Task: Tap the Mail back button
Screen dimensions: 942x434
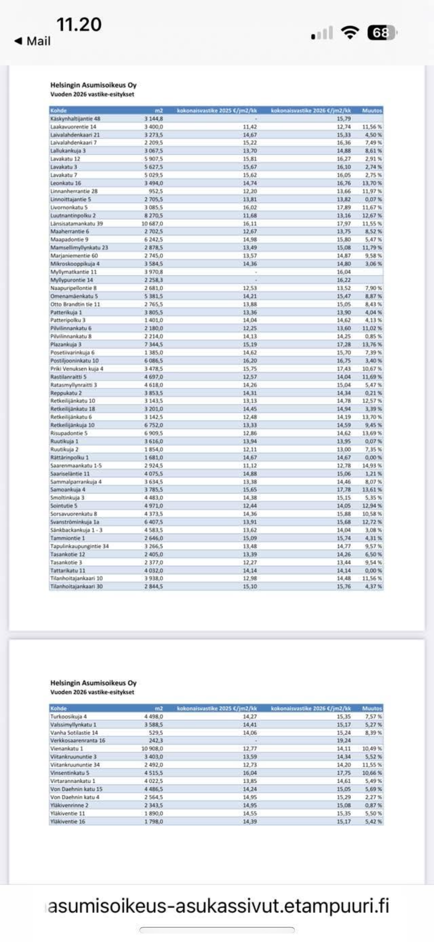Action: [x=32, y=41]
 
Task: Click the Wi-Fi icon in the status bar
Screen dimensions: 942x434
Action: [x=350, y=33]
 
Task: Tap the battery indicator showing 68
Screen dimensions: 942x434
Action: [x=382, y=33]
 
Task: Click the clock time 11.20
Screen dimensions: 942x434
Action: [x=79, y=25]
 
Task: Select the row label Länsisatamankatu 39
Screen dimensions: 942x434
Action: [x=77, y=223]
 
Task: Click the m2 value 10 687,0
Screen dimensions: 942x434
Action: [x=152, y=223]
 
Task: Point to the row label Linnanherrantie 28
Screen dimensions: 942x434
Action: [x=74, y=191]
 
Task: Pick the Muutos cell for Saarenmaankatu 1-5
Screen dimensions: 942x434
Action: [x=372, y=465]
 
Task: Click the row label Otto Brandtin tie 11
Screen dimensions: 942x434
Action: [x=75, y=304]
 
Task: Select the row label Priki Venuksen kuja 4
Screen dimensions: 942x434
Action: [x=77, y=369]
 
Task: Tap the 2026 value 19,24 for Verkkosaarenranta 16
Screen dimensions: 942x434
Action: [x=343, y=740]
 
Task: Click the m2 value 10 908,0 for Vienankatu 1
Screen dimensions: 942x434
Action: [x=152, y=749]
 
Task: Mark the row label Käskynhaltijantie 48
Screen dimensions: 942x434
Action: [x=75, y=119]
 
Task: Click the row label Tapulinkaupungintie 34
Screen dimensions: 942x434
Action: [x=80, y=546]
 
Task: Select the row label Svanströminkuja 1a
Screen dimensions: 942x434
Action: [x=75, y=522]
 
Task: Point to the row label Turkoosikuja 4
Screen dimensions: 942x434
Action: [x=68, y=716]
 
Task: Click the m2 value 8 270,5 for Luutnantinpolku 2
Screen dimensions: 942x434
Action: [x=154, y=215]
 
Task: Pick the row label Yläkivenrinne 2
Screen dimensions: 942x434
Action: [x=69, y=805]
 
